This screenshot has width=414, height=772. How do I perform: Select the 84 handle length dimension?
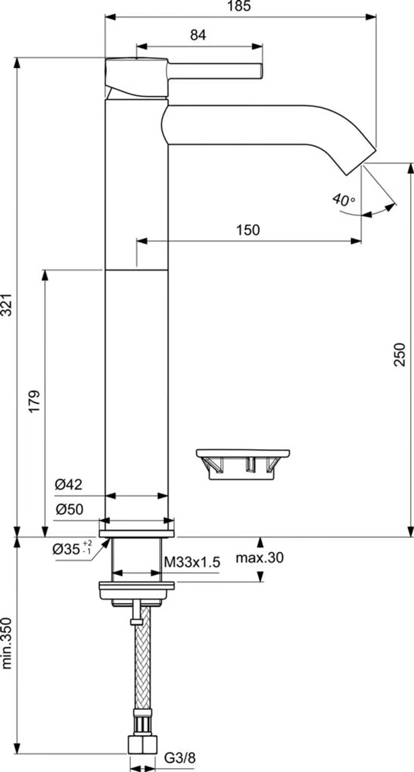(198, 35)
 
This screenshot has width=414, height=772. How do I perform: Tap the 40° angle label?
(343, 200)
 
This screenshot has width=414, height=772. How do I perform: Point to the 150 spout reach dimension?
(248, 230)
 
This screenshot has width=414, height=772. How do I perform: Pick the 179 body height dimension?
(34, 400)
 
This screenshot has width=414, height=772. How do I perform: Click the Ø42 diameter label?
(69, 484)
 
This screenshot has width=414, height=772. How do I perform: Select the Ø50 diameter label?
(69, 509)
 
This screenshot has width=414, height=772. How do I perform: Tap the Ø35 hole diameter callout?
(72, 549)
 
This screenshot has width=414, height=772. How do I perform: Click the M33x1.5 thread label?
(192, 562)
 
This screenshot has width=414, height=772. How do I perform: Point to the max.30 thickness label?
(260, 558)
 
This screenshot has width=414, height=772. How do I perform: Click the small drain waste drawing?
(243, 464)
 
